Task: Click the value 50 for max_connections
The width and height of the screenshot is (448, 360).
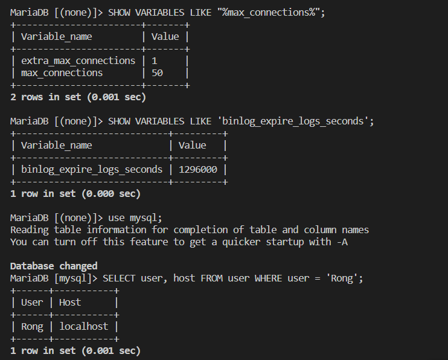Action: (x=157, y=73)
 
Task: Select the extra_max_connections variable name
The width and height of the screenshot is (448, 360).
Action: (x=78, y=61)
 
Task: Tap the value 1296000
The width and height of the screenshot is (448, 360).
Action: (x=197, y=170)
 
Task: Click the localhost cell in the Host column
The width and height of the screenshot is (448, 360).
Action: (x=83, y=327)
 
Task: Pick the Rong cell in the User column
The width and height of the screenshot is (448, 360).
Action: (x=32, y=327)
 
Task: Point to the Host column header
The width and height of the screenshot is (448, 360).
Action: (x=70, y=303)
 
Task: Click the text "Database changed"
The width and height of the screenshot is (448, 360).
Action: (x=54, y=266)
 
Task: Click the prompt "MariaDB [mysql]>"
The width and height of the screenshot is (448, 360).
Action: (x=54, y=278)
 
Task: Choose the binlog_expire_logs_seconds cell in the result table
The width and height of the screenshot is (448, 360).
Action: (x=91, y=170)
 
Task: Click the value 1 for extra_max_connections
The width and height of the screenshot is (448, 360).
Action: (x=155, y=61)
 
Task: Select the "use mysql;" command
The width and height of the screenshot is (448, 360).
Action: (x=135, y=218)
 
